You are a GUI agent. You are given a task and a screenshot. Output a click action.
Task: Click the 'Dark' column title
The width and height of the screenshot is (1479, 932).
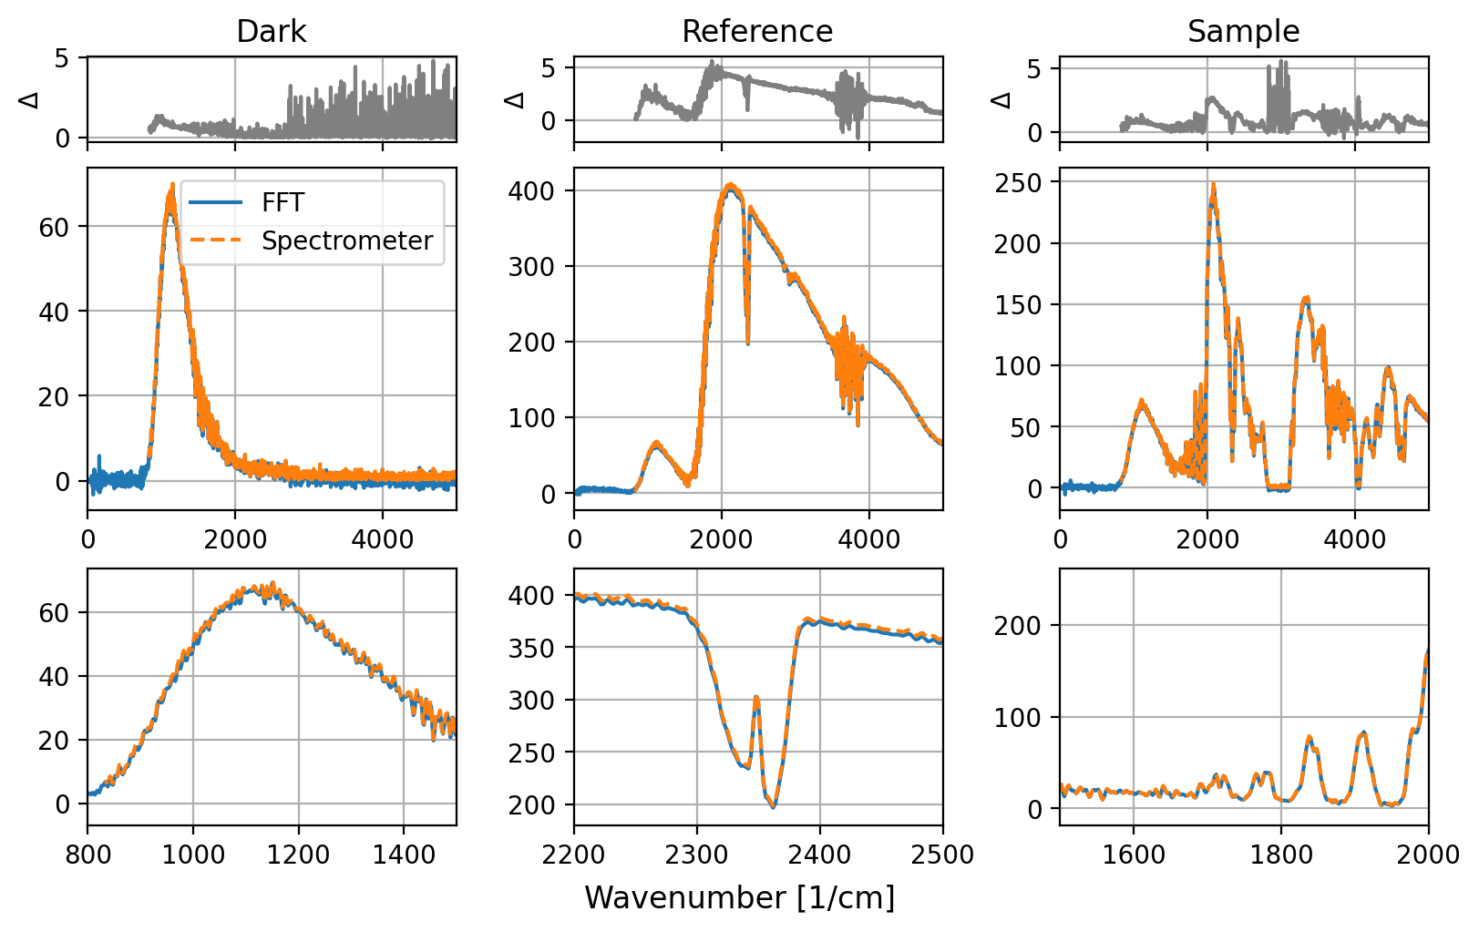pos(271,32)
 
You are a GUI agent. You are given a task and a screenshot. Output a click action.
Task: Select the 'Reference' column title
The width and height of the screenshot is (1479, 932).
pos(757,32)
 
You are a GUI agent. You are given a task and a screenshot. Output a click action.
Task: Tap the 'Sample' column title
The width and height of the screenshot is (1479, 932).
pos(1243,32)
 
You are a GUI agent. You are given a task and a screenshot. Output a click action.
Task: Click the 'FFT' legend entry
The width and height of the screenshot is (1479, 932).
pos(282,202)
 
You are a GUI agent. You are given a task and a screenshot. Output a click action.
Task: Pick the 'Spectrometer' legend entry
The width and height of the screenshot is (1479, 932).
pos(346,241)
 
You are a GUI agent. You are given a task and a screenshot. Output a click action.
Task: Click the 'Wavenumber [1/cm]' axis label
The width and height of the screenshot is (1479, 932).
pos(739,897)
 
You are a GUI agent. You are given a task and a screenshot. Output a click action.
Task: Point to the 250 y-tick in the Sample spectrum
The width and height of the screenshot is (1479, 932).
pos(1019,182)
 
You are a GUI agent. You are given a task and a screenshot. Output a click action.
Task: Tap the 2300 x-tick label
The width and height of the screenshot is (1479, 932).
pos(697,855)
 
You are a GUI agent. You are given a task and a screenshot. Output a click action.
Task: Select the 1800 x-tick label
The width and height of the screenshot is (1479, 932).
pos(1281,855)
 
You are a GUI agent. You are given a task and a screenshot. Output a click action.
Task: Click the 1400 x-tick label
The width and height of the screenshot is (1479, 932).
pos(404,855)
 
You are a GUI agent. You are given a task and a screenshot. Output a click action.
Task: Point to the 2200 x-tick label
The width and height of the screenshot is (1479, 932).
pos(574,855)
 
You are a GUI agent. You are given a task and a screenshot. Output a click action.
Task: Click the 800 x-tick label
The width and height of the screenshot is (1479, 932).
pos(88,855)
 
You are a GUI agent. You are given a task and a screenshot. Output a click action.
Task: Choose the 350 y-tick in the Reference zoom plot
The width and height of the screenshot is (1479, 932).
pos(531,648)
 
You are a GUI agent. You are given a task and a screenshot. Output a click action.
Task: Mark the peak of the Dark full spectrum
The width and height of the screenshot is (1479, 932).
pos(171,186)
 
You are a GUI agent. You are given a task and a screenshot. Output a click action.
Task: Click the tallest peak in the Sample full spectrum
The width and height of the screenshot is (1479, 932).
pos(1213,186)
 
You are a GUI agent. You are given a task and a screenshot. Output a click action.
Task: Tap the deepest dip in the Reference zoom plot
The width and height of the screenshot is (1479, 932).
pos(774,805)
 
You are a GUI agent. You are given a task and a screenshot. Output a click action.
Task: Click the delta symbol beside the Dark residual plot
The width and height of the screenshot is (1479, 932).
pos(30,98)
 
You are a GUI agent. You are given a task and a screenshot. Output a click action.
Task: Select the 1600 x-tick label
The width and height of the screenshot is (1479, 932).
pos(1134,855)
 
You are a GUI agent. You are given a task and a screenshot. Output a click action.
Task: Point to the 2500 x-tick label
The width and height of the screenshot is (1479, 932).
pos(942,855)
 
